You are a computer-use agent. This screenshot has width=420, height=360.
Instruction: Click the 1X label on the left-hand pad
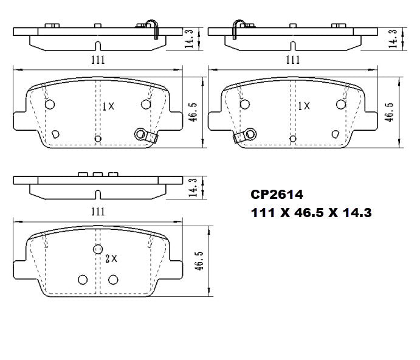point(108,106)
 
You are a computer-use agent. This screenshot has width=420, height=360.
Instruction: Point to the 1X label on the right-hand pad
point(303,106)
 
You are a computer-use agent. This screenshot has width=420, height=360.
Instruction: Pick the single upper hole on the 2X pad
point(97,249)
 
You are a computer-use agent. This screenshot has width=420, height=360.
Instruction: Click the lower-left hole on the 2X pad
point(83,279)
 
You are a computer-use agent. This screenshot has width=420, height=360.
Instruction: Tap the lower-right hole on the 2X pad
point(112,279)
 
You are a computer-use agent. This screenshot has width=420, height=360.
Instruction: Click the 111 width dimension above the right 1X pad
point(293,59)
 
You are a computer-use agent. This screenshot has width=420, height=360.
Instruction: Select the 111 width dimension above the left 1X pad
point(97,59)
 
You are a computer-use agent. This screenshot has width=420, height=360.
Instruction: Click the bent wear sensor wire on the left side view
point(154,29)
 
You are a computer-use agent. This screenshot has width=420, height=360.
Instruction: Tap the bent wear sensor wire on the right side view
point(236,29)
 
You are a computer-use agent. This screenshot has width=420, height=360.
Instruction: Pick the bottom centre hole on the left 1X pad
point(98,139)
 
